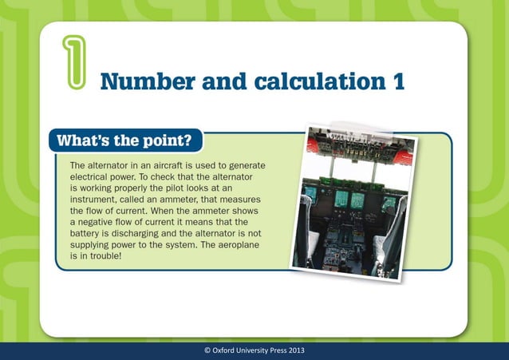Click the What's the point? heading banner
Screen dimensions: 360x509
pos(125,141)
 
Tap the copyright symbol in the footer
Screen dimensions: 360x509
pos(207,351)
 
